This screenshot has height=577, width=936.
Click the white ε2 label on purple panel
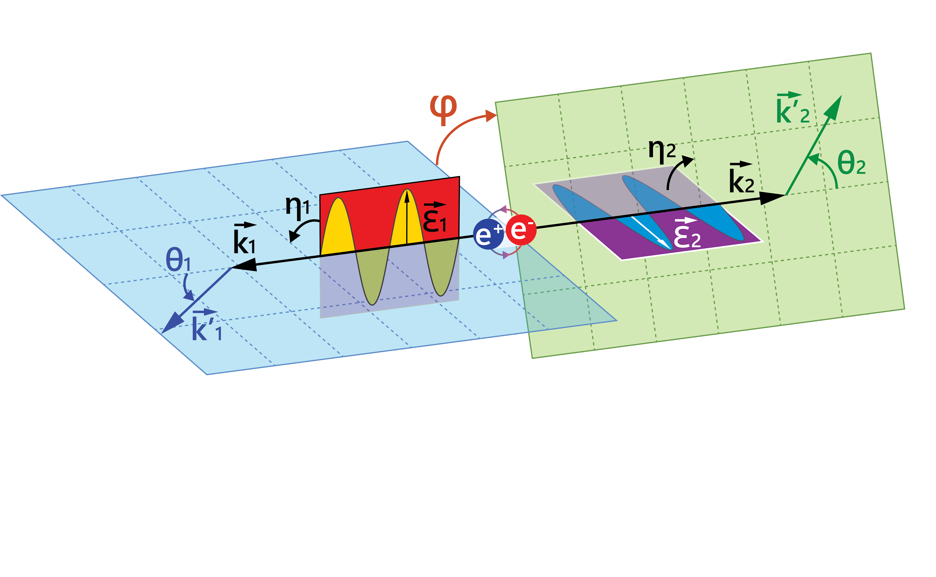click(x=687, y=234)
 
